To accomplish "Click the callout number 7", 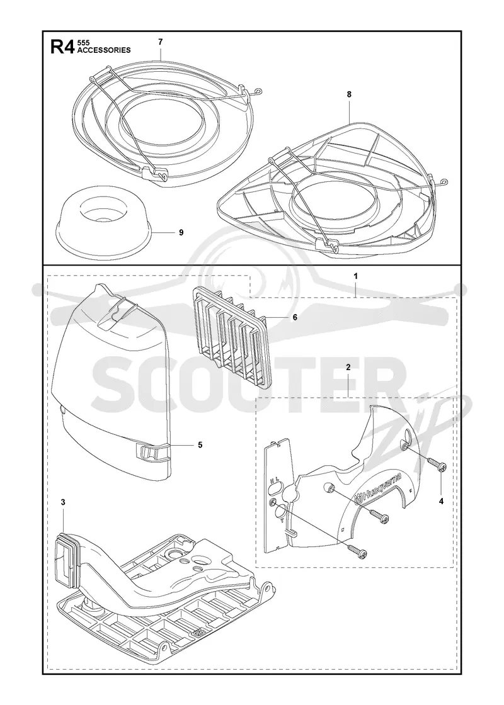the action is pyautogui.click(x=160, y=42).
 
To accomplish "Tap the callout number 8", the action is pyautogui.click(x=349, y=94).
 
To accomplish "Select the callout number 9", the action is pyautogui.click(x=181, y=232).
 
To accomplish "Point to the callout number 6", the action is pyautogui.click(x=295, y=317).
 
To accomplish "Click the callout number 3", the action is pyautogui.click(x=63, y=502).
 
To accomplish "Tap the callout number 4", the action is pyautogui.click(x=441, y=501).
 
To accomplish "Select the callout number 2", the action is pyautogui.click(x=348, y=368).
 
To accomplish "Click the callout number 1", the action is pyautogui.click(x=355, y=276).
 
